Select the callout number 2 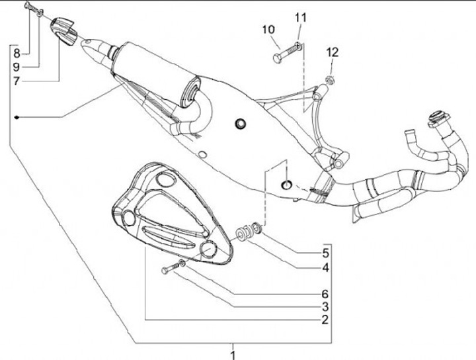325,319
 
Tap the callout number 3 325,306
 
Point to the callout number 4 325,269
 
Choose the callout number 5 325,253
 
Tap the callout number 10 268,29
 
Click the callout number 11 301,17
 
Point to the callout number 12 332,52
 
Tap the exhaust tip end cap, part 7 63,30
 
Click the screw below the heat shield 171,267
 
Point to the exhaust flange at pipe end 435,118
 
